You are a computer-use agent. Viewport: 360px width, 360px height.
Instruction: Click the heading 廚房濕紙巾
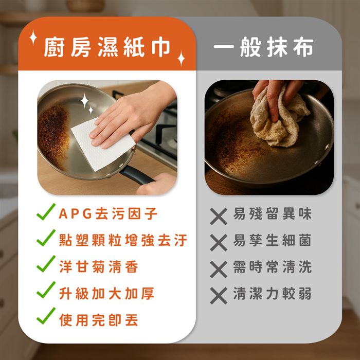click(107, 47)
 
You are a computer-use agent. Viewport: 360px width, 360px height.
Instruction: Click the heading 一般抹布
click(263, 47)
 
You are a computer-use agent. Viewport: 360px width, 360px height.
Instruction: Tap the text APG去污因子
click(108, 214)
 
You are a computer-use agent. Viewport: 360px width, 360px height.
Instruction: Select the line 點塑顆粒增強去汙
click(123, 240)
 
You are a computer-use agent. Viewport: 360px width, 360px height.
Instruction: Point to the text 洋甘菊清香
click(99, 267)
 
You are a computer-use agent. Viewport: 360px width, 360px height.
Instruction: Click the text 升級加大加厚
click(106, 293)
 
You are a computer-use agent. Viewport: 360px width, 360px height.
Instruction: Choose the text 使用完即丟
click(99, 320)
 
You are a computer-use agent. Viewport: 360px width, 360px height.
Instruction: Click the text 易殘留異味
click(272, 214)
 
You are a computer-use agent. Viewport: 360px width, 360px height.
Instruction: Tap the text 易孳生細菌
click(272, 240)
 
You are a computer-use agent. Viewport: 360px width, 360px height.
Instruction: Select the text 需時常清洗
click(272, 267)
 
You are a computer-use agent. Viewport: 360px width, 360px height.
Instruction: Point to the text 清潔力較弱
click(272, 293)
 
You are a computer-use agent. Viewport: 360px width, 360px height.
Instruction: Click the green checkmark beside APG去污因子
click(46, 212)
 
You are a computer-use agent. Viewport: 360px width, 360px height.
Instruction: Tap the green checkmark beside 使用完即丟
click(46, 317)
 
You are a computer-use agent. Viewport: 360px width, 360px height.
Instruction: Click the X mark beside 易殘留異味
click(219, 217)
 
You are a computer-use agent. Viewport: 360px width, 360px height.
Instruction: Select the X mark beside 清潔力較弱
click(219, 296)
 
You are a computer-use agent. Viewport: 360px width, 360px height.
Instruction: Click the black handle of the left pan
click(135, 175)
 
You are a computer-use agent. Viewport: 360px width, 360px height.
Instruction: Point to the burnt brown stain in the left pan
click(53, 135)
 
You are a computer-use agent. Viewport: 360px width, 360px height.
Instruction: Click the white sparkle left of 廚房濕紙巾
click(33, 37)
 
